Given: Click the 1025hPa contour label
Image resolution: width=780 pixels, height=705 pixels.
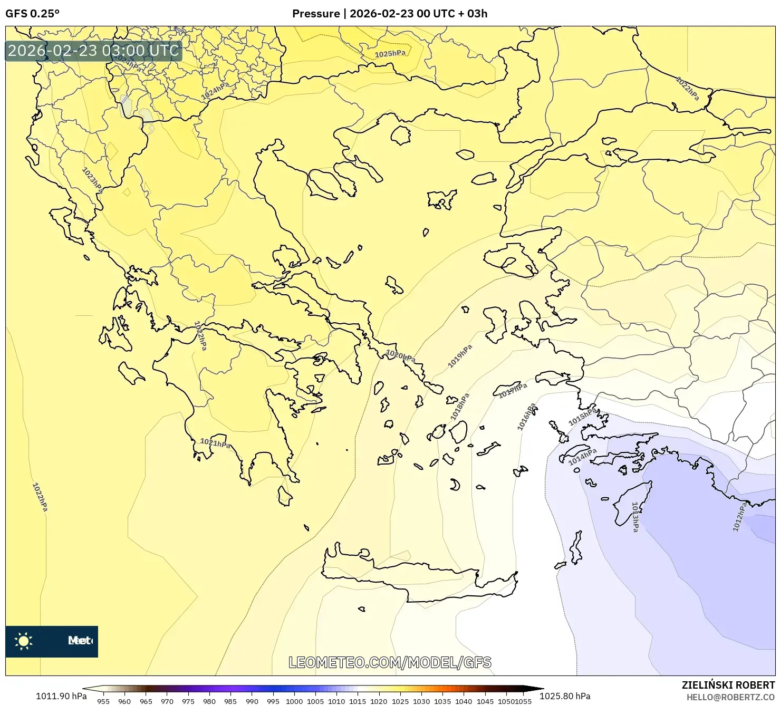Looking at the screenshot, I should pos(390,54).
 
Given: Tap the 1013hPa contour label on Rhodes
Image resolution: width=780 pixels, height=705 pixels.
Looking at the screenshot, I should pos(635,517).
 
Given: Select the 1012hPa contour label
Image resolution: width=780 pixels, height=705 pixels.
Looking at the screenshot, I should pos(739,516).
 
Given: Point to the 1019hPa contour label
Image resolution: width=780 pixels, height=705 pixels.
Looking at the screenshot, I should pos(460,356).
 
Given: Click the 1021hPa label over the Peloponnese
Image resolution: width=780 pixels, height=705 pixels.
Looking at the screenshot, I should pos(215,443).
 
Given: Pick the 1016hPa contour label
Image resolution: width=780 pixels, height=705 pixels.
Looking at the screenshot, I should pos(526,417).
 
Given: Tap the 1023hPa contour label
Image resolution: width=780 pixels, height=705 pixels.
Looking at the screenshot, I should pos(92,180).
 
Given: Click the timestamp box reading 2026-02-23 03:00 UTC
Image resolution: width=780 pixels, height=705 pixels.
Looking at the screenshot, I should pos(93,51).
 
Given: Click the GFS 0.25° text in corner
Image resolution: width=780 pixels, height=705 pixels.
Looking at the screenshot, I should pos(32,14).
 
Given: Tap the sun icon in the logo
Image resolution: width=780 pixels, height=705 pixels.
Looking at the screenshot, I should pos(24,641).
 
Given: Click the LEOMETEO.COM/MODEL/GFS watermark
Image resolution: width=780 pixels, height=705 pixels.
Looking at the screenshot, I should pos(390,662).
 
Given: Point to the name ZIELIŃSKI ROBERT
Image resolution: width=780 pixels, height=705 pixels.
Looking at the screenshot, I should pos(728,685).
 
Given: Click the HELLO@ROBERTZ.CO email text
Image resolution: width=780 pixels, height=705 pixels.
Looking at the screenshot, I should pos(730,697).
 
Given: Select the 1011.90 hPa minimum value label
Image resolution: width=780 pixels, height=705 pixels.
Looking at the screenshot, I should pos(61,696).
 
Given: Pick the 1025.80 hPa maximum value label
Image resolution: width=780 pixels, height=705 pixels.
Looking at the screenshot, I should pos(565,696).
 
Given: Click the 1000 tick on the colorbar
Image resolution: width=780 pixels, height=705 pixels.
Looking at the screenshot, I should pos(294,701).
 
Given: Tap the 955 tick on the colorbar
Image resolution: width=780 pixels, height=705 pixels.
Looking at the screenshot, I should pos(103,701).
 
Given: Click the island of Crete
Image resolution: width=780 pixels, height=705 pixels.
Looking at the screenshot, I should pos(417,577).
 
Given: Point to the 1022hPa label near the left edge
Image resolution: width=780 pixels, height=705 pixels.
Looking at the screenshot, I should pos(40,497).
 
